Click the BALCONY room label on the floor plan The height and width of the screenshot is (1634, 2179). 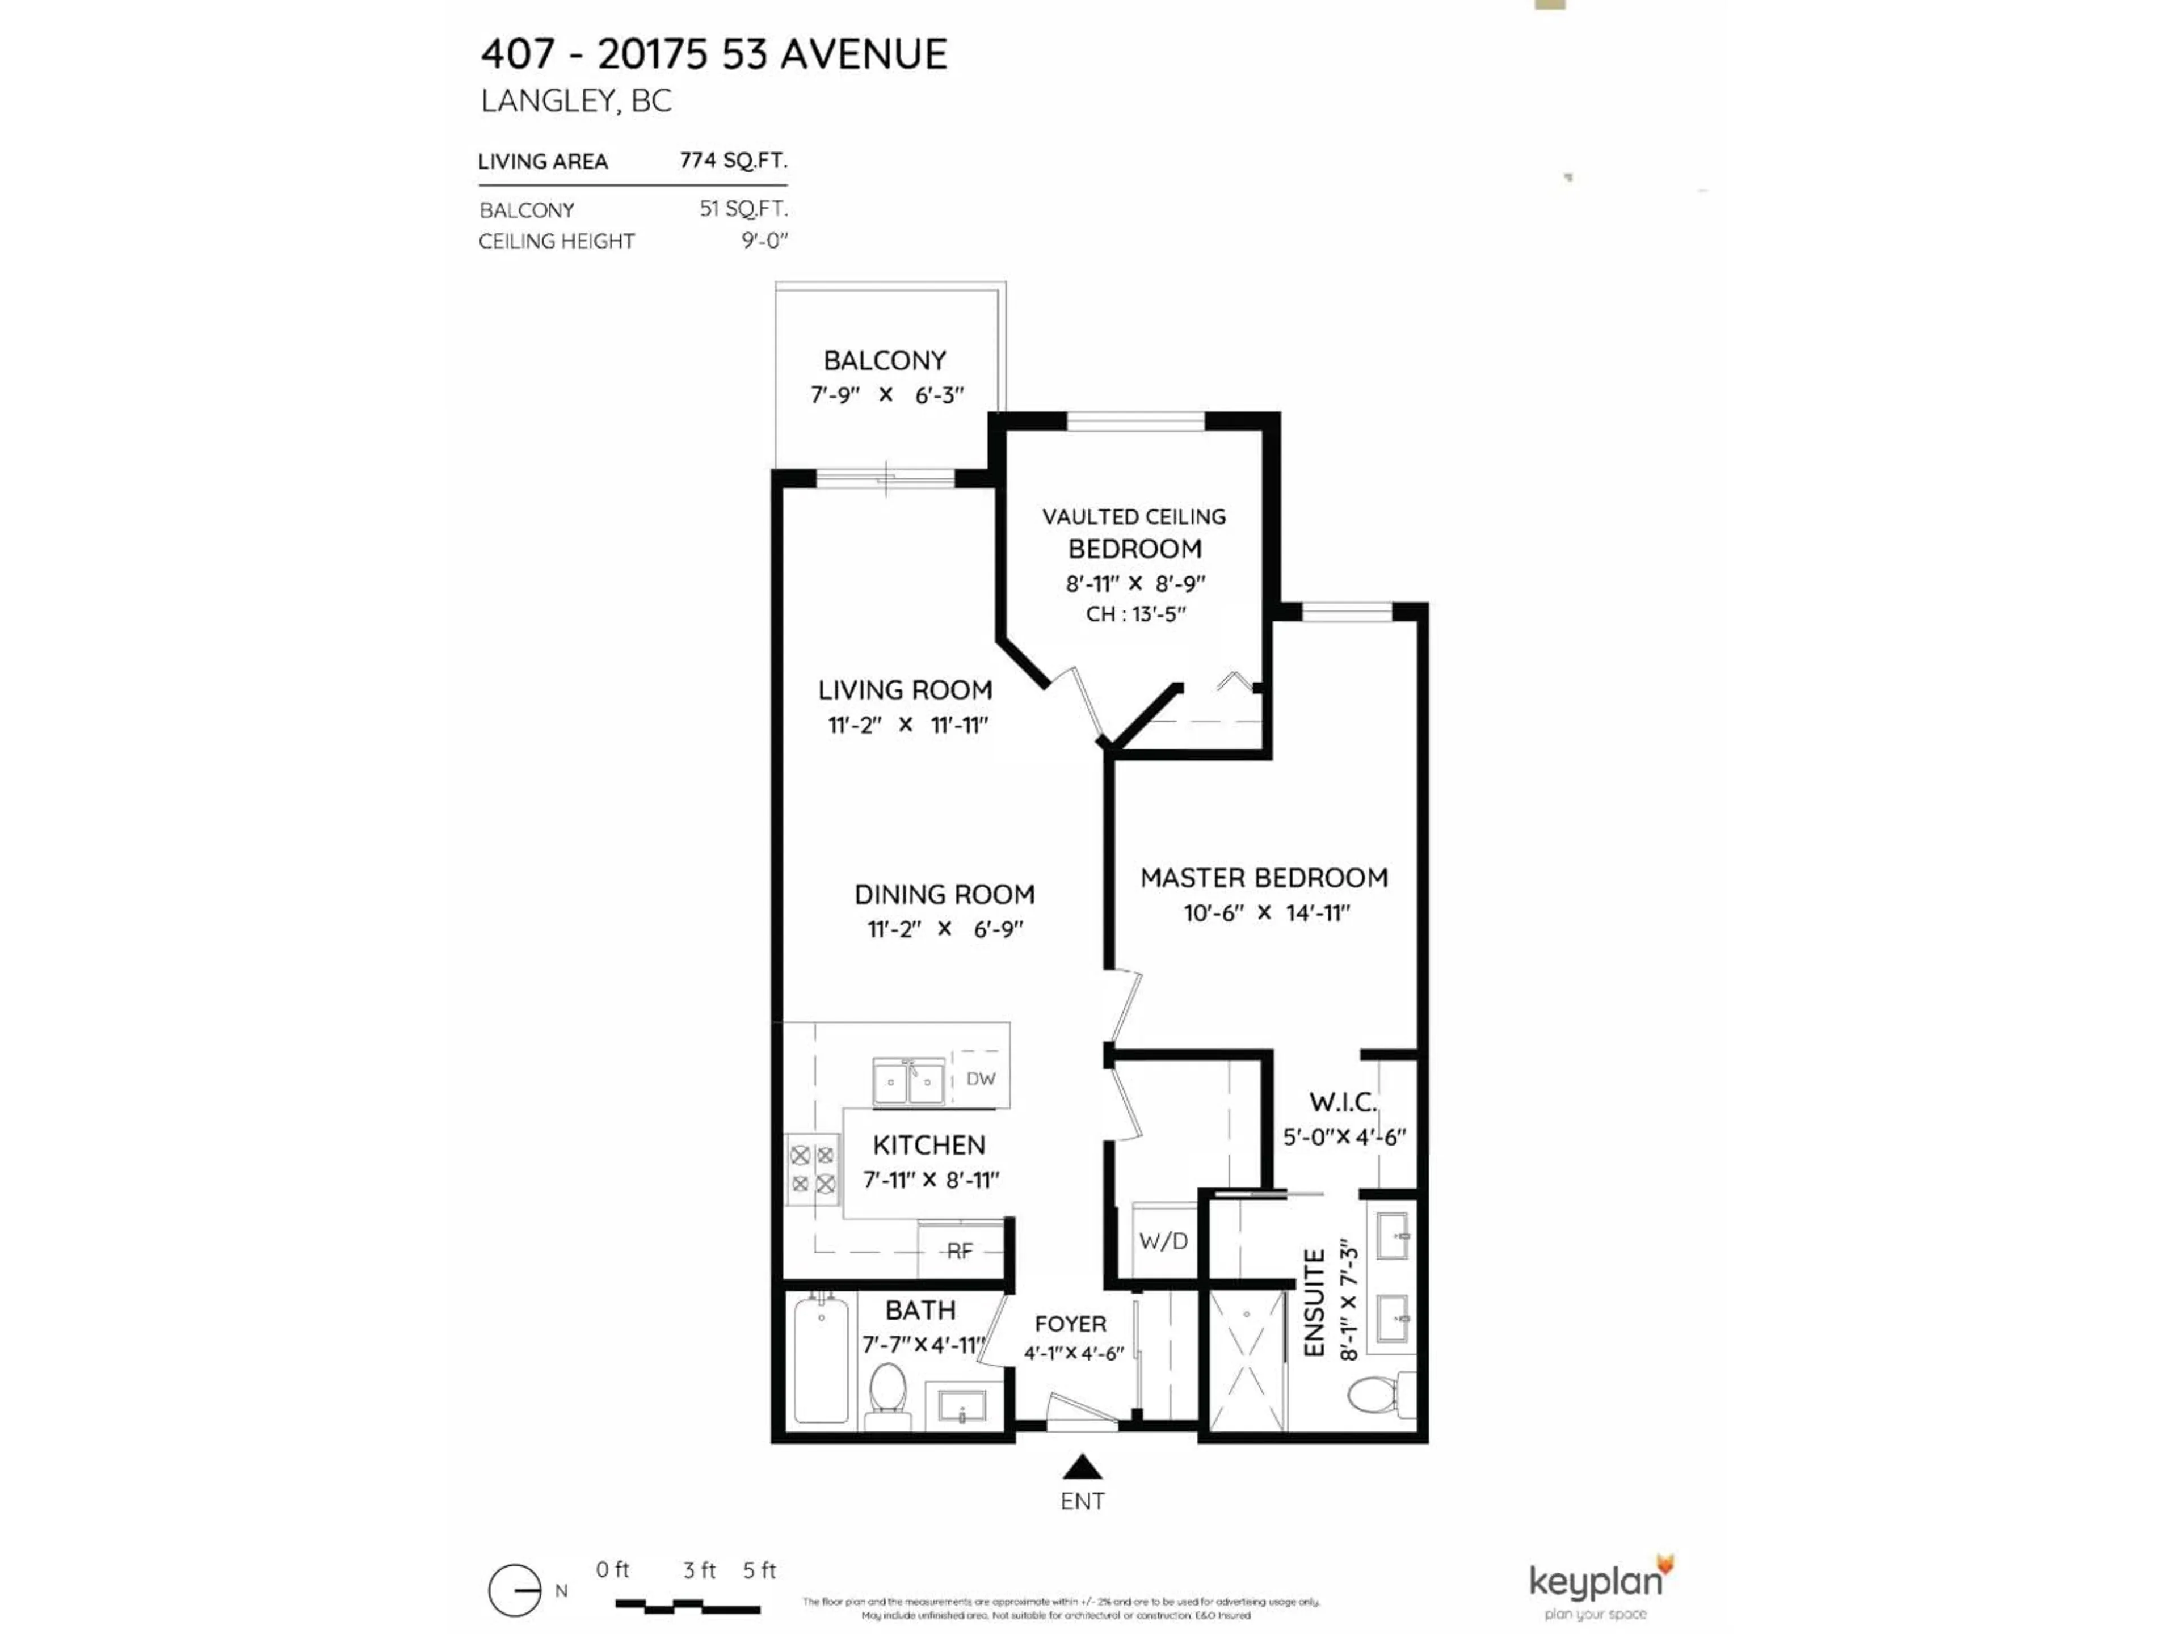(x=885, y=360)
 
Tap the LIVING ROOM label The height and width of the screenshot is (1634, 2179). (x=905, y=689)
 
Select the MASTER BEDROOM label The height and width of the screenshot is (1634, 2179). (x=1264, y=878)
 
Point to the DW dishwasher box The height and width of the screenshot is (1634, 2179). (x=980, y=1079)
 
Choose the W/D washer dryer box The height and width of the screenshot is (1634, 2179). (x=1163, y=1241)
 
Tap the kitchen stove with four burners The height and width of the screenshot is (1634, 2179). (x=813, y=1169)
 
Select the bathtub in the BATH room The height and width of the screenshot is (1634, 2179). (x=821, y=1360)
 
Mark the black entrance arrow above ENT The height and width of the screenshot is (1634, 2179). (x=1082, y=1468)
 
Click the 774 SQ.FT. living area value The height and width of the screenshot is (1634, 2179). (x=733, y=159)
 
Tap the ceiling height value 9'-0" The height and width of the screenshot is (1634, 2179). (x=764, y=241)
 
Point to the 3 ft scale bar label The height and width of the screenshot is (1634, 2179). (x=700, y=1570)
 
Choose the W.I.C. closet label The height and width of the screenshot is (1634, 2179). (x=1343, y=1102)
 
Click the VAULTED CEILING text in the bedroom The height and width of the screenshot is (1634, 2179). (x=1134, y=516)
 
